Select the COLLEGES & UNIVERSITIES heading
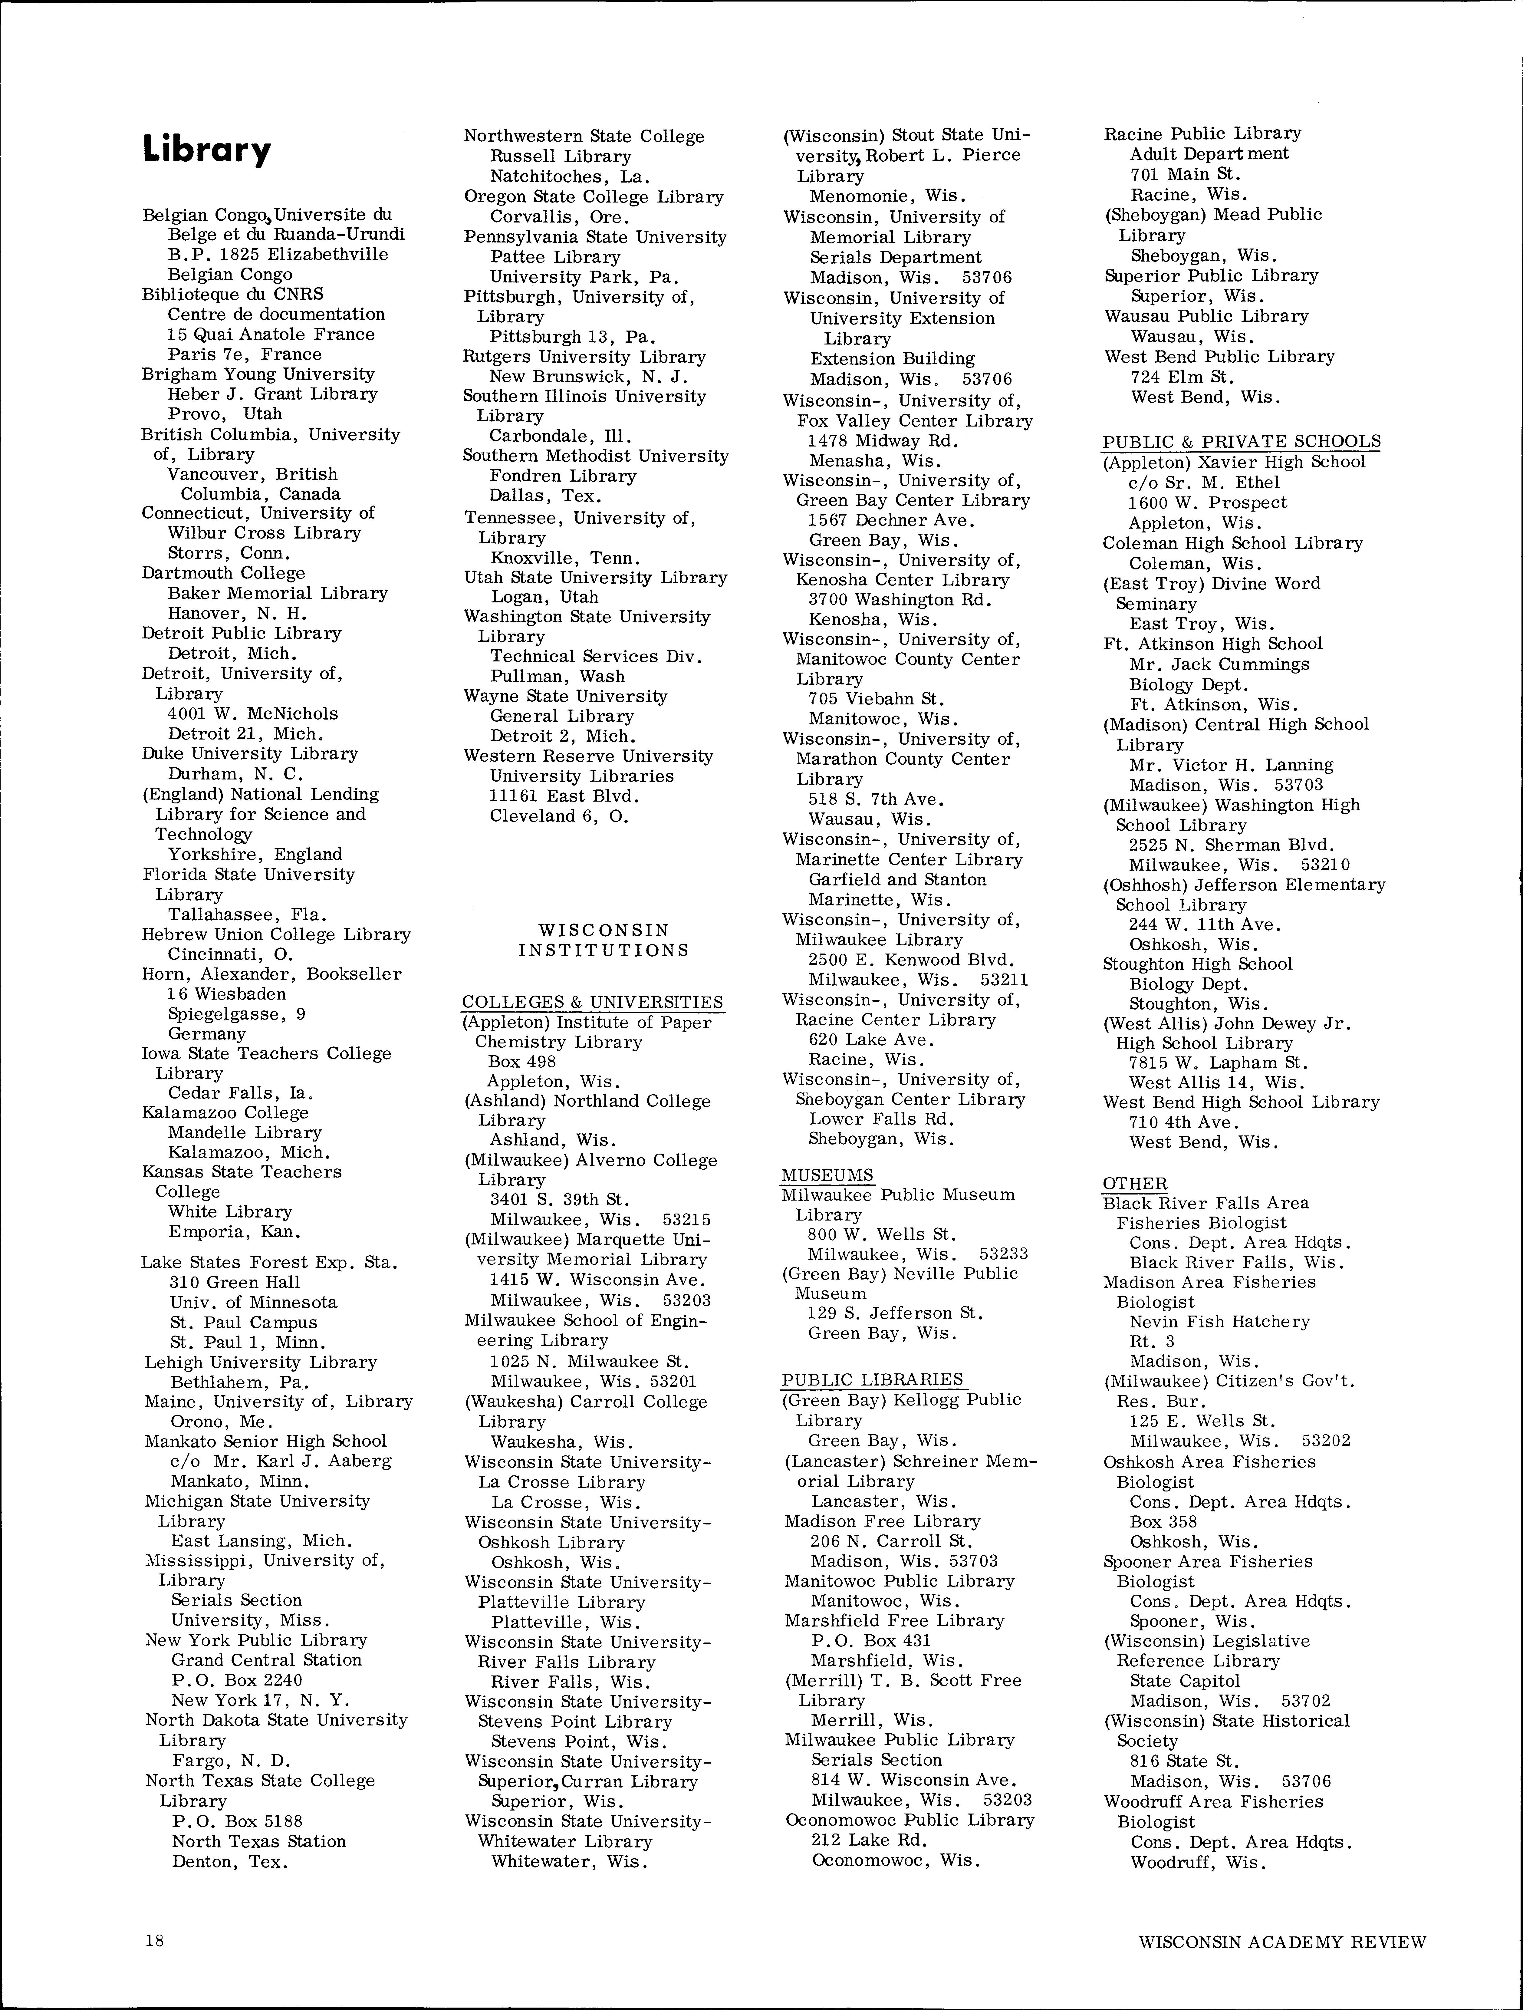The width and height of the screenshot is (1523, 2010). (593, 1002)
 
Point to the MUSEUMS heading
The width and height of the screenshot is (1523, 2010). (827, 1175)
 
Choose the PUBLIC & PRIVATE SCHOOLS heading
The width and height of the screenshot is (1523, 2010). (1241, 442)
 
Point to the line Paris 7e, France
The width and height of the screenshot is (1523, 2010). (245, 354)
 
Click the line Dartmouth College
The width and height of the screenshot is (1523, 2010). (224, 573)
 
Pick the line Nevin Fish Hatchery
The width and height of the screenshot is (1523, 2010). (1219, 1322)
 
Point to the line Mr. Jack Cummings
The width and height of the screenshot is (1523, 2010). (1219, 664)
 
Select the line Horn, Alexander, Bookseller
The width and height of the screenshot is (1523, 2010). (271, 974)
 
